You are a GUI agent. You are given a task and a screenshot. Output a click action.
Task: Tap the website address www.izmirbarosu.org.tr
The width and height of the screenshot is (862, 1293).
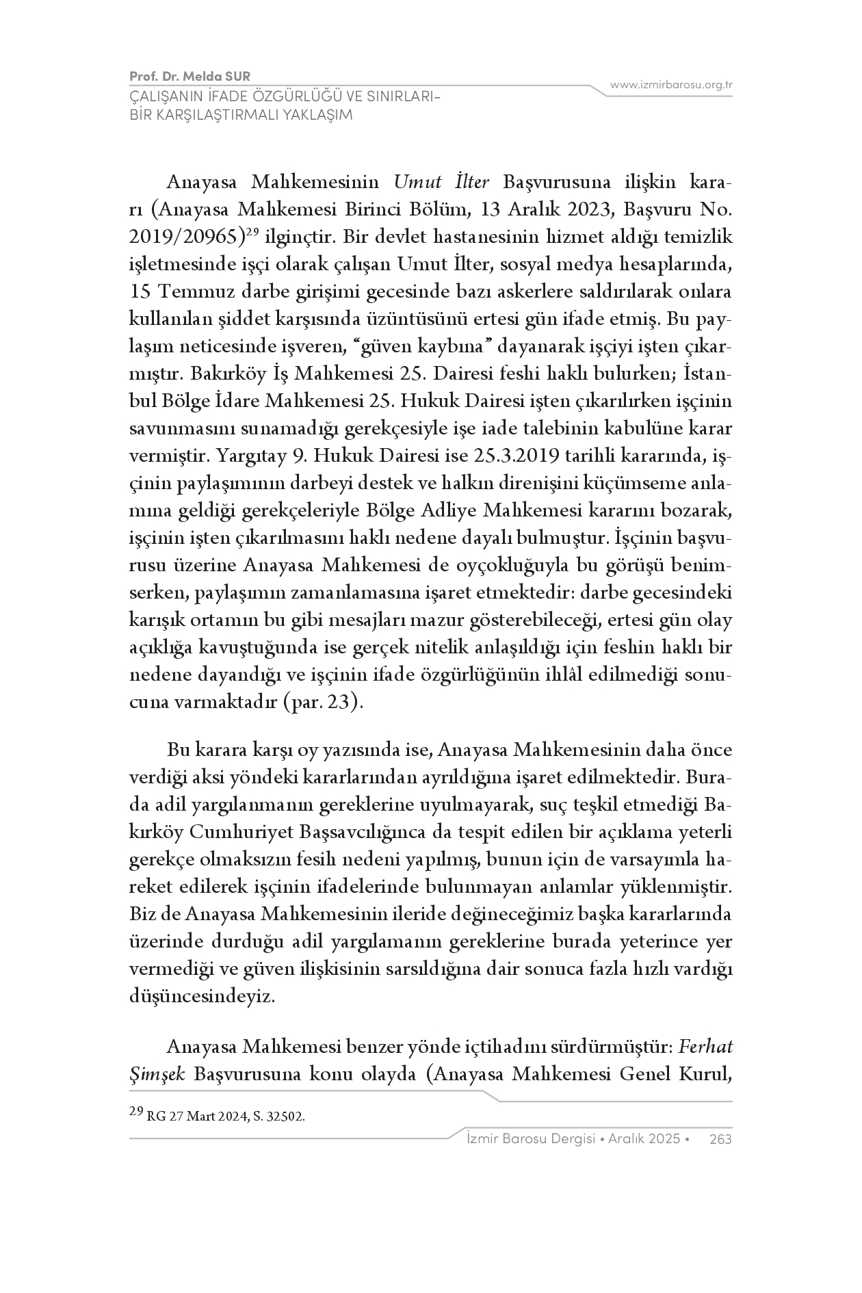[x=671, y=85]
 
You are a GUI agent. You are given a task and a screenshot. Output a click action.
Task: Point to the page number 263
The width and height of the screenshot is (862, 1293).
[x=721, y=1138]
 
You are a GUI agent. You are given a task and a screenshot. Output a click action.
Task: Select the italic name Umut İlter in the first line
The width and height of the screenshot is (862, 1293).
[x=441, y=183]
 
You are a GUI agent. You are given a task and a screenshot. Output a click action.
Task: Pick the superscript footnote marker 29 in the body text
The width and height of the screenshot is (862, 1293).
[x=252, y=233]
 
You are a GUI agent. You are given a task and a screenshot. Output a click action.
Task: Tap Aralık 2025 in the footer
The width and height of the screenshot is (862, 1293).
[x=645, y=1138]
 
